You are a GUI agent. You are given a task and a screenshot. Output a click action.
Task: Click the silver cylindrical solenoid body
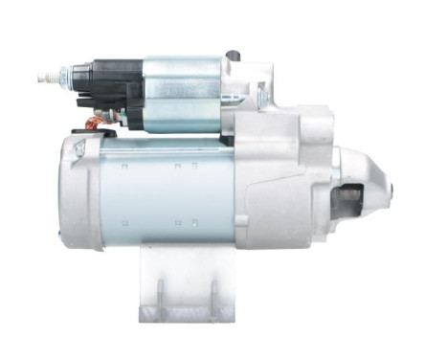(x=182, y=91)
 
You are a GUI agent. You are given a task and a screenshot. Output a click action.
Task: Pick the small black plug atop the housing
(x=232, y=56)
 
